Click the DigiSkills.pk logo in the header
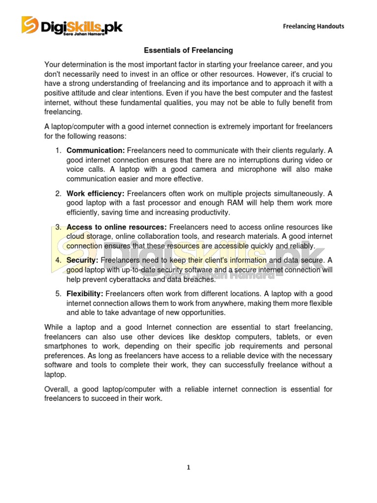coord(72,26)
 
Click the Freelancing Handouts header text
coord(313,26)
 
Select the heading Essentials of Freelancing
coord(188,50)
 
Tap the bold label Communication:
coord(96,150)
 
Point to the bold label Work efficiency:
coord(96,193)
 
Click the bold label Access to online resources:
coord(117,227)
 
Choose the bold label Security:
coord(82,260)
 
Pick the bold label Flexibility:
coord(84,294)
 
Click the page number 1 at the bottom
coord(188,468)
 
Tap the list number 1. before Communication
coord(58,150)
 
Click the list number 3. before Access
coord(58,227)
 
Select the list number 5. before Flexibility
coord(58,294)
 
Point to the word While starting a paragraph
coord(54,327)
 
